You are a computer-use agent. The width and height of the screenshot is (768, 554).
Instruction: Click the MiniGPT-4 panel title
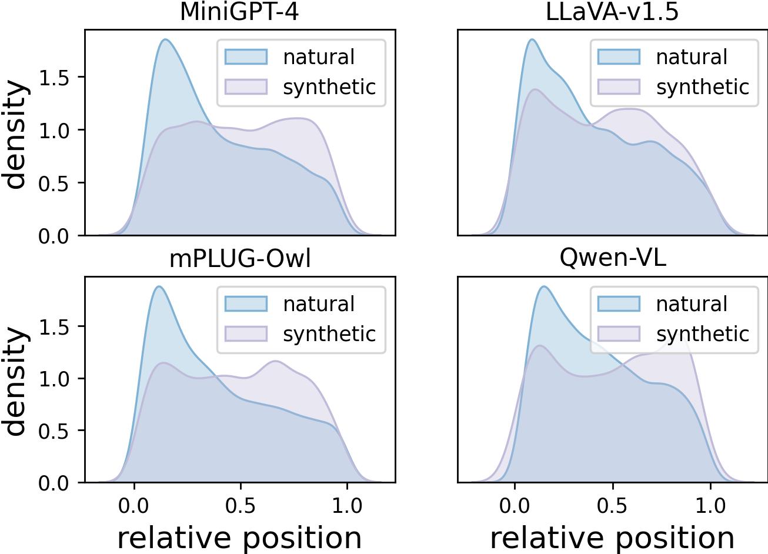239,12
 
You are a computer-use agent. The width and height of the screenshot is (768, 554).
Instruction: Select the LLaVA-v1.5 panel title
612,12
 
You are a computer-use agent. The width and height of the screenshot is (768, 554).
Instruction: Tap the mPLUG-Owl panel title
239,259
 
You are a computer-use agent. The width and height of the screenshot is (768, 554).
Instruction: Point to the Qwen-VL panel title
612,259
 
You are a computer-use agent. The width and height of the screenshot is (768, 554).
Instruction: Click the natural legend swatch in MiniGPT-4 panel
246,57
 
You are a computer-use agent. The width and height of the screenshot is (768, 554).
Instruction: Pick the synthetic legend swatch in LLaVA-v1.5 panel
619,87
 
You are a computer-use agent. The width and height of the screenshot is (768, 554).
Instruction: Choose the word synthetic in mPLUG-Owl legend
329,334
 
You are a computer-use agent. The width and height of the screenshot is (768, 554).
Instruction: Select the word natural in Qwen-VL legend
692,304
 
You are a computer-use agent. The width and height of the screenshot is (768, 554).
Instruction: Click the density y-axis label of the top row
16,134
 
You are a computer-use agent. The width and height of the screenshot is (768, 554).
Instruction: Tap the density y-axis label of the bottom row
16,381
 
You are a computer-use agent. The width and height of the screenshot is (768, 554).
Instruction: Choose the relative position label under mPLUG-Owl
239,538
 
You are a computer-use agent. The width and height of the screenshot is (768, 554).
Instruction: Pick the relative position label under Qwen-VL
612,538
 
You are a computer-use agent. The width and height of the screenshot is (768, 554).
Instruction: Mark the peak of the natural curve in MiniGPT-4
166,39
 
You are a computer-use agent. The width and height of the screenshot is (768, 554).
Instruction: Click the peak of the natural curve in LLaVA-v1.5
532,39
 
